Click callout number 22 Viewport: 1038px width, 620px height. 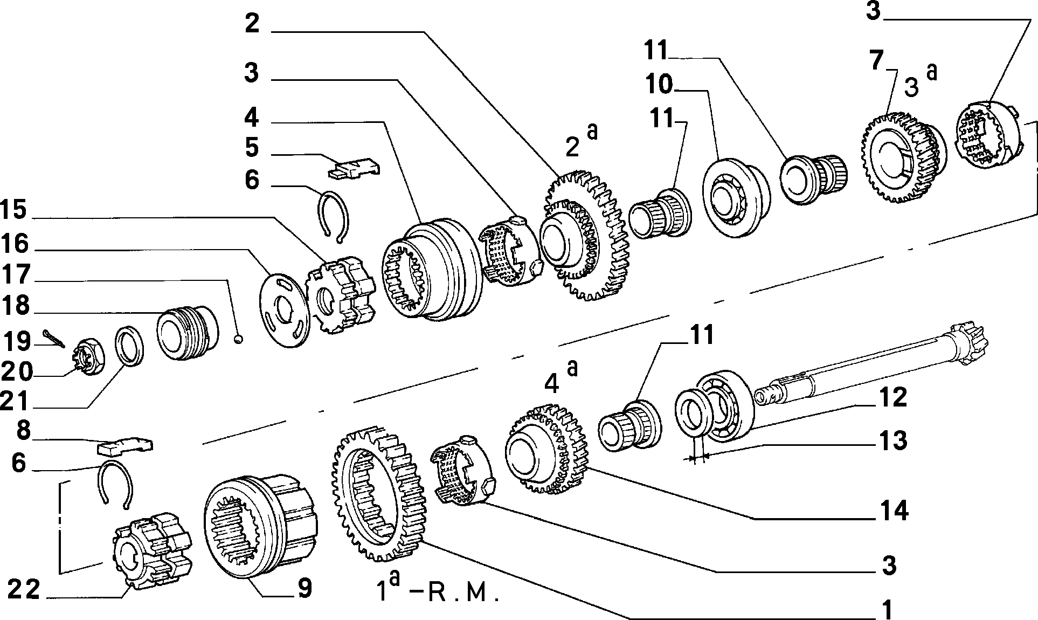[x=24, y=590]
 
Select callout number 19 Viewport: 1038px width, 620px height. [x=17, y=342]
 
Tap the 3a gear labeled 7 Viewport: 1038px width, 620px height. [x=902, y=157]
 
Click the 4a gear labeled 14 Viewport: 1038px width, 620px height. [x=545, y=449]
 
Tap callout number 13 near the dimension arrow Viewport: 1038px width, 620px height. [x=892, y=440]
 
